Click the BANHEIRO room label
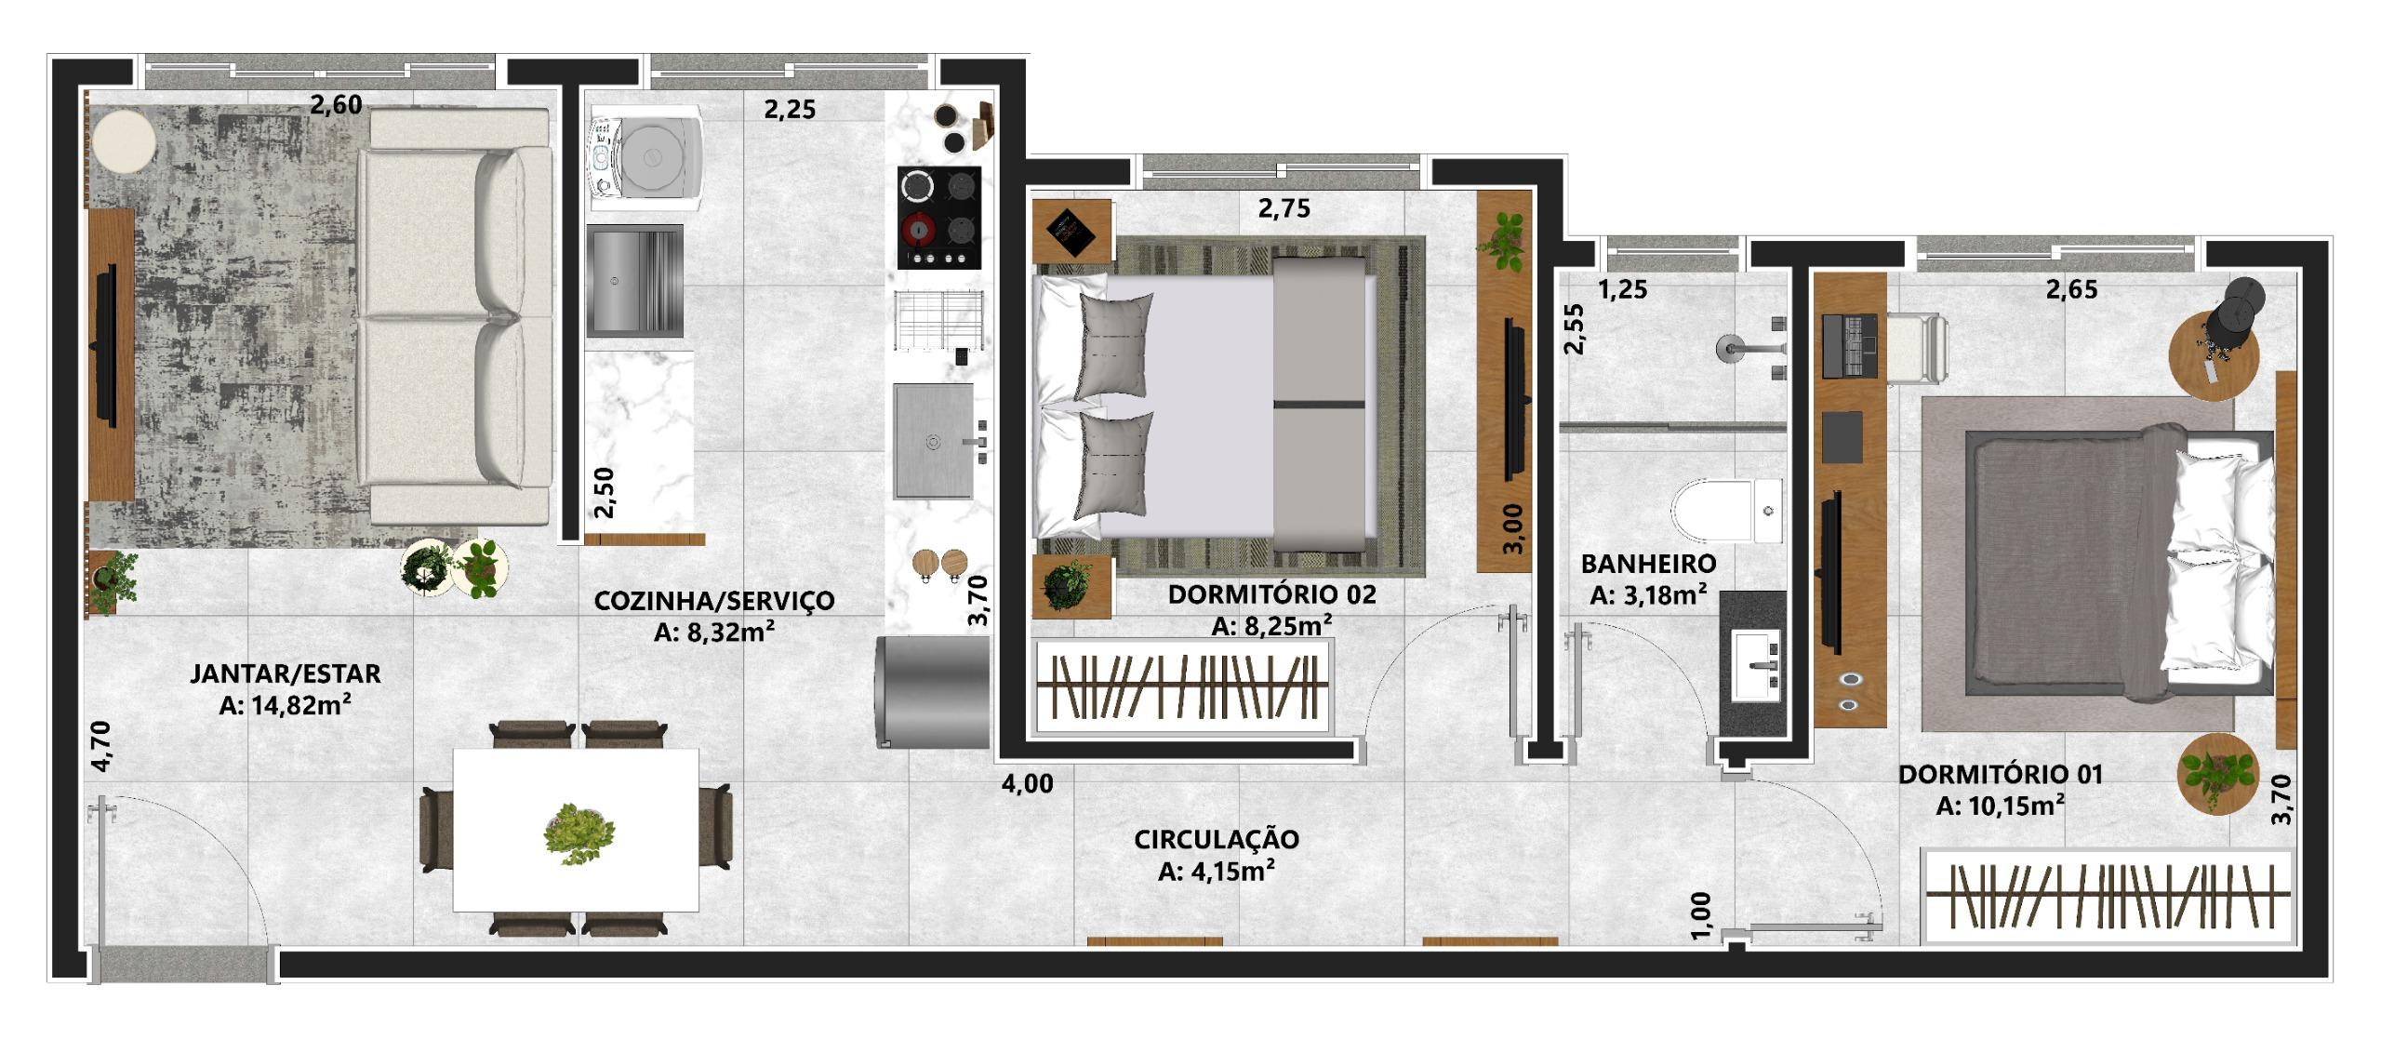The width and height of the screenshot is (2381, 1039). (1648, 563)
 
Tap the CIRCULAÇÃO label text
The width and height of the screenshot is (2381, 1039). (1216, 839)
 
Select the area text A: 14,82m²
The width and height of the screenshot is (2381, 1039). (285, 705)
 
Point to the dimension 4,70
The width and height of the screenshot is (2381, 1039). (101, 746)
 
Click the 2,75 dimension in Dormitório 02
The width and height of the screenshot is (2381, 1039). (1284, 209)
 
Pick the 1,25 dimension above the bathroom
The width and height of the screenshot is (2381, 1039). (1622, 290)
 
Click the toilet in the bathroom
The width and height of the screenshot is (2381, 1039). (1726, 511)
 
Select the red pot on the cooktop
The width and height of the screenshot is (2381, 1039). (919, 227)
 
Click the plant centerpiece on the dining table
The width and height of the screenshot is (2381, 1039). (578, 833)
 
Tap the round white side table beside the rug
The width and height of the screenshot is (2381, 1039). (123, 141)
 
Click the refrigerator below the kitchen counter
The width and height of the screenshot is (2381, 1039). (931, 691)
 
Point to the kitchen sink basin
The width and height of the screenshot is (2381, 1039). (934, 441)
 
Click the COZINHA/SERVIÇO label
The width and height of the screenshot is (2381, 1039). (714, 601)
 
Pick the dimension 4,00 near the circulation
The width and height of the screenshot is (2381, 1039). (1028, 784)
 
